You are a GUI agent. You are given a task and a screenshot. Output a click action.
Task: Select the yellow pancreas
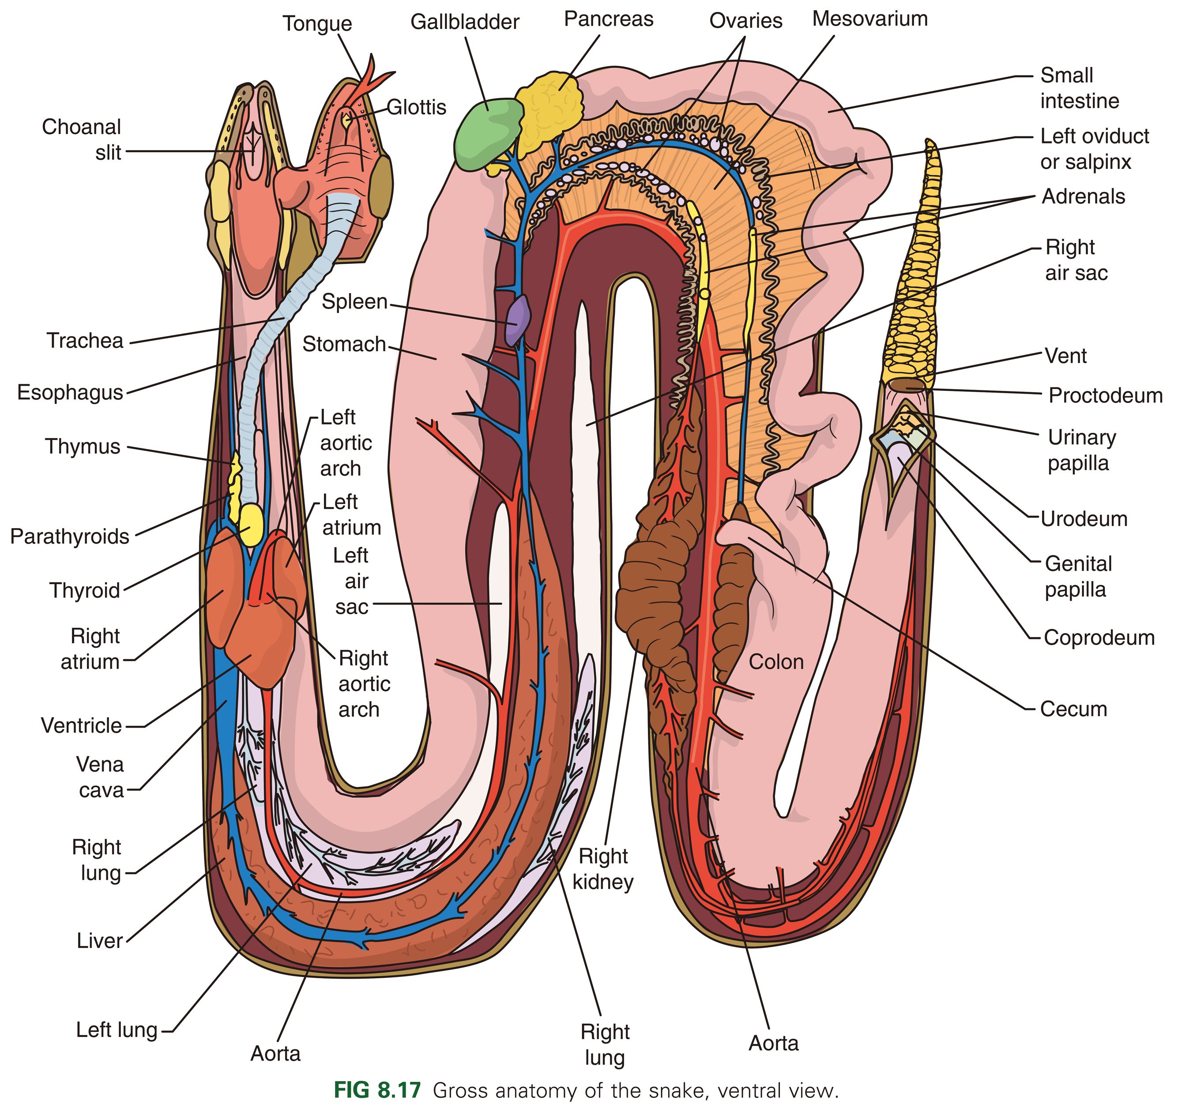[x=548, y=113]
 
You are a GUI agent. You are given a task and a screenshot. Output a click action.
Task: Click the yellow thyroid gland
[x=250, y=524]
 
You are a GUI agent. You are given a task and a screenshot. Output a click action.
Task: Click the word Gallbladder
[x=465, y=22]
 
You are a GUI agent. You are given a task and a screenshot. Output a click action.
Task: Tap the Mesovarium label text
[x=869, y=19]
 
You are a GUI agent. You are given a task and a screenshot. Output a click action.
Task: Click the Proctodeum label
[x=1105, y=395]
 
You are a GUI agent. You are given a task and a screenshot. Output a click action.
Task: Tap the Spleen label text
[x=354, y=301]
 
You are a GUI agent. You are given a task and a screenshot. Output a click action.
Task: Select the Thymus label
[x=83, y=446]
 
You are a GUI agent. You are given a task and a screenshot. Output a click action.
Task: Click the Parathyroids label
[x=70, y=536]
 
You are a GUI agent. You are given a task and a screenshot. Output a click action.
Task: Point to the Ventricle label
[x=81, y=725]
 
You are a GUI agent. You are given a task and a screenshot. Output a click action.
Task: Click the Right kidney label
[x=603, y=869]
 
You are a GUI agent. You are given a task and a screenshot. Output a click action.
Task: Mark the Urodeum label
[x=1084, y=518]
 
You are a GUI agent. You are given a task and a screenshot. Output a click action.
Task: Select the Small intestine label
[x=1080, y=88]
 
